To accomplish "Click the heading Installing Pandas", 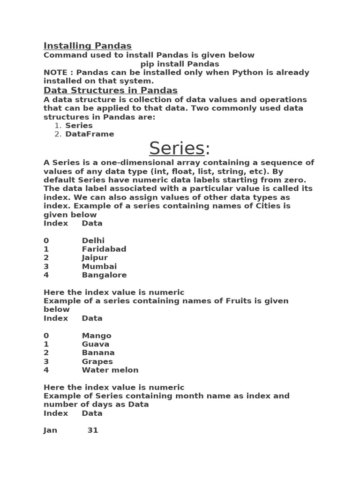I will click(x=87, y=45).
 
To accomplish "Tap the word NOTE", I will click(x=55, y=73).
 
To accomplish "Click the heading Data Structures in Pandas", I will click(x=110, y=90).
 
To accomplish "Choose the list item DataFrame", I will click(x=90, y=134).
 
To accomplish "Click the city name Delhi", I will click(x=93, y=240).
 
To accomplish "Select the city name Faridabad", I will click(x=104, y=249).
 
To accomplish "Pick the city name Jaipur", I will click(x=95, y=258).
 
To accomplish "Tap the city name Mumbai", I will click(x=99, y=266).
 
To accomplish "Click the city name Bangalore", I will click(x=104, y=275).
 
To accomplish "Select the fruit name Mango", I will click(x=97, y=336).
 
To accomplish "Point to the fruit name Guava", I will click(x=96, y=344).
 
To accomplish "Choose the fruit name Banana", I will click(x=98, y=352).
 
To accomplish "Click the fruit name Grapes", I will click(x=97, y=361).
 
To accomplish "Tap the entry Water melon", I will click(x=110, y=370).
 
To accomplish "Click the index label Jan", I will click(x=50, y=430).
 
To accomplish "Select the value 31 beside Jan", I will click(x=93, y=430).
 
